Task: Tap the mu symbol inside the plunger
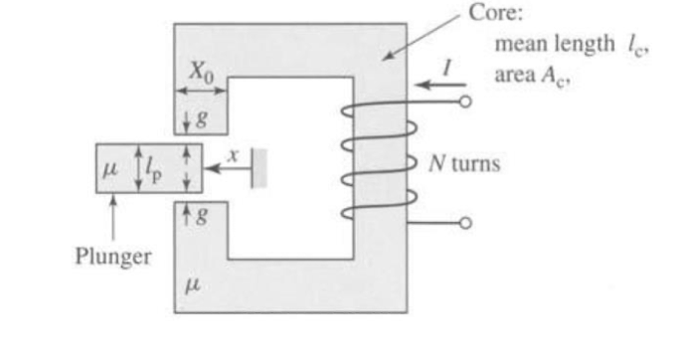click(110, 166)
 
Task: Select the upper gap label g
click(201, 118)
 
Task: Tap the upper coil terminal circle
click(466, 101)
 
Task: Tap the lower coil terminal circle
click(466, 224)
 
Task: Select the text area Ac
click(523, 68)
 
